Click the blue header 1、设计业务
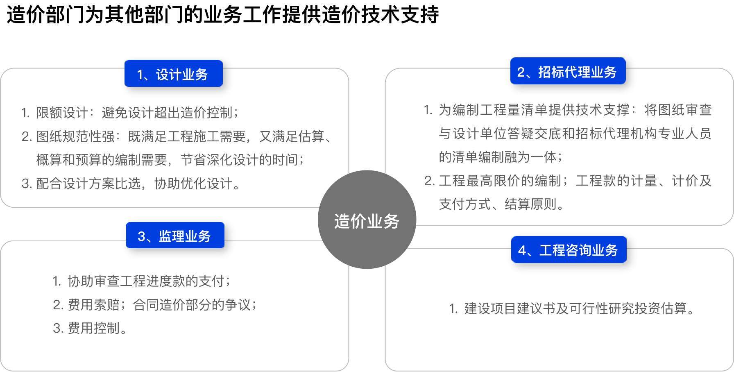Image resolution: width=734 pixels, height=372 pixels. [x=173, y=74]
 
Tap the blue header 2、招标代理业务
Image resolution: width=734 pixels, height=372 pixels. [x=568, y=71]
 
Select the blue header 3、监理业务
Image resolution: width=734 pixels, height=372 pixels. [x=175, y=236]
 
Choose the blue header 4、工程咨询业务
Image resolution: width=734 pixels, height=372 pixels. [x=569, y=250]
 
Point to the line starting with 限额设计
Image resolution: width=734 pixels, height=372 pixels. [x=130, y=112]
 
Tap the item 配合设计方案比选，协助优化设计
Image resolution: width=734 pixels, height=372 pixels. [x=131, y=184]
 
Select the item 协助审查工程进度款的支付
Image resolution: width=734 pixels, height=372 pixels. [x=141, y=281]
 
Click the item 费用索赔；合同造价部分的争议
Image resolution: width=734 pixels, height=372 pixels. [x=154, y=305]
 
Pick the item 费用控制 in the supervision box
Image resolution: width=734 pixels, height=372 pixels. [x=90, y=328]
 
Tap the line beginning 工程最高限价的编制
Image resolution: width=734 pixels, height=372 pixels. [x=568, y=181]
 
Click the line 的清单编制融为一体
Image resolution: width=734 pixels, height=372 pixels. [x=501, y=157]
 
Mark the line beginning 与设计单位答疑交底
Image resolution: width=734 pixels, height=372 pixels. [x=575, y=134]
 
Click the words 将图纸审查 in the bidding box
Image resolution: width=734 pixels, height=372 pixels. [x=678, y=110]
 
